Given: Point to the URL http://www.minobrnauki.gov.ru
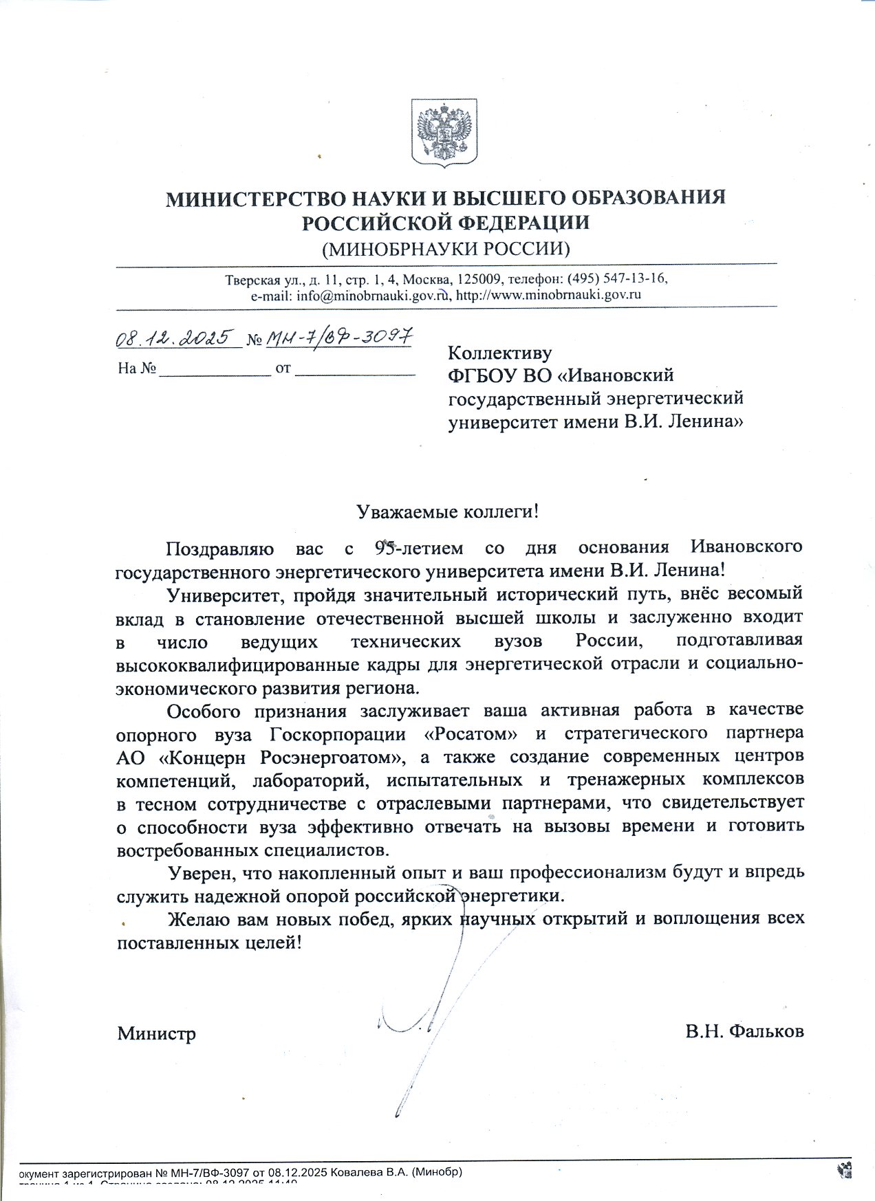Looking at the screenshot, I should (x=550, y=296).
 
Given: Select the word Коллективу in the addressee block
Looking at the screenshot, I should (x=499, y=353).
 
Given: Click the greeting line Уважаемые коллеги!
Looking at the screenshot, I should (x=446, y=511).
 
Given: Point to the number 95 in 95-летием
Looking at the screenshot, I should (x=387, y=548).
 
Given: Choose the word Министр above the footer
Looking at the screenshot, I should (x=156, y=1033).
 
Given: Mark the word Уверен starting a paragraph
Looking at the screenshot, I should (x=202, y=873).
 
